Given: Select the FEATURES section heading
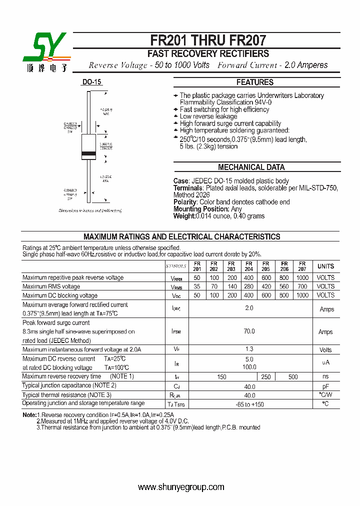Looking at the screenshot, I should pyautogui.click(x=255, y=82).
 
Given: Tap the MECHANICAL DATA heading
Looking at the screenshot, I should pyautogui.click(x=251, y=167).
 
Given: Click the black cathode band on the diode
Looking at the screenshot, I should pyautogui.click(x=88, y=153).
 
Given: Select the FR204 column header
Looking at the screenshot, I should pyautogui.click(x=249, y=266).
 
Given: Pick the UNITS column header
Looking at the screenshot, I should pyautogui.click(x=326, y=266).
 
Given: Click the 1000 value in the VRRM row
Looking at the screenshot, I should pyautogui.click(x=302, y=277).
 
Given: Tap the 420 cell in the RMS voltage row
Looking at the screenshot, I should pyautogui.click(x=266, y=286).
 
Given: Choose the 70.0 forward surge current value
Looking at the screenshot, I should pyautogui.click(x=249, y=331).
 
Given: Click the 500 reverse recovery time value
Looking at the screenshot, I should pyautogui.click(x=293, y=377).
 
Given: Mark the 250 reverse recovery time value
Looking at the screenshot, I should pyautogui.click(x=266, y=377).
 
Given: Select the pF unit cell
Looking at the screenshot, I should pyautogui.click(x=326, y=386).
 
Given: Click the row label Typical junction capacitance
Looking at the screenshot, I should pyautogui.click(x=69, y=385).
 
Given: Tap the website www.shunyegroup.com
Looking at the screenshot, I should pyautogui.click(x=181, y=487).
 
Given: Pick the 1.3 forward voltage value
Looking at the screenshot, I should pyautogui.click(x=249, y=349).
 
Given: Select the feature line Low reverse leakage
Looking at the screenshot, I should pyautogui.click(x=208, y=116).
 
